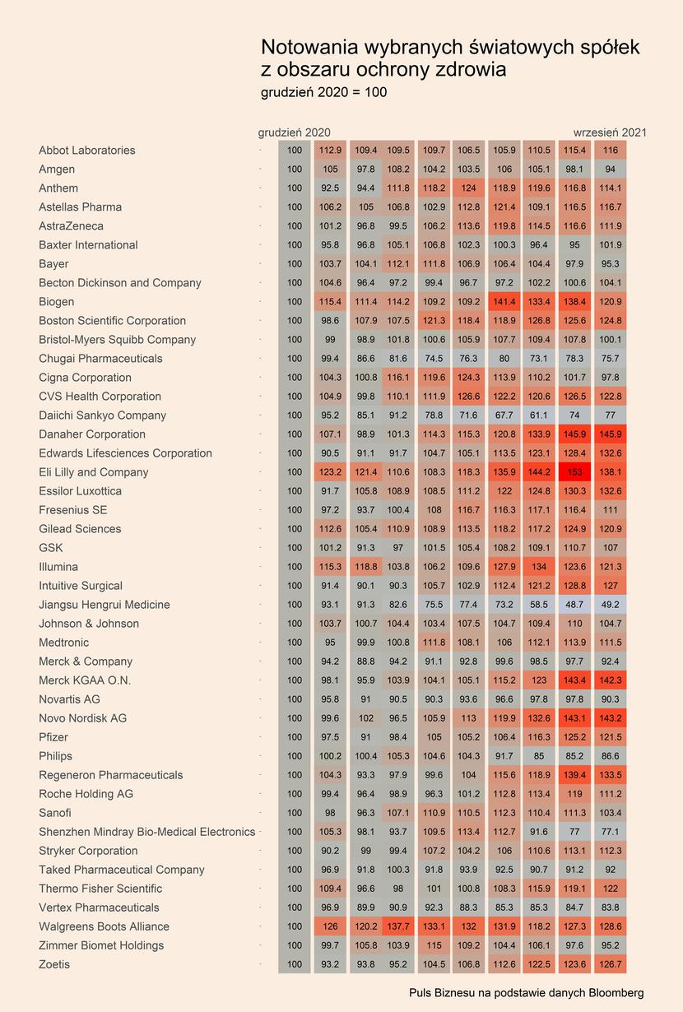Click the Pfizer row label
[53, 737]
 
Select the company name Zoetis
[54, 964]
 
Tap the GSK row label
[50, 548]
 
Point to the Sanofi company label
[55, 813]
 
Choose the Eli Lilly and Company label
[94, 472]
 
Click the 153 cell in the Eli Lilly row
[574, 472]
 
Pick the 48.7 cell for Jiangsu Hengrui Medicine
[574, 605]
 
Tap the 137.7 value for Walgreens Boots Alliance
[398, 926]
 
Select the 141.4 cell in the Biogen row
[504, 301]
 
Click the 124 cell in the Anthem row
[468, 188]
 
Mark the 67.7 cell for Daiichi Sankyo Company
[504, 415]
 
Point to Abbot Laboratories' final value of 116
[611, 150]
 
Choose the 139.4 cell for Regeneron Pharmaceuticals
[574, 775]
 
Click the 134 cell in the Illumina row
[539, 567]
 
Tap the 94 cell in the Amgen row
[611, 169]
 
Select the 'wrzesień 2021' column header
[610, 132]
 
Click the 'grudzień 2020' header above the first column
[294, 132]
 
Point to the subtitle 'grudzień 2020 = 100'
[324, 93]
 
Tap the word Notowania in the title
[310, 47]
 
